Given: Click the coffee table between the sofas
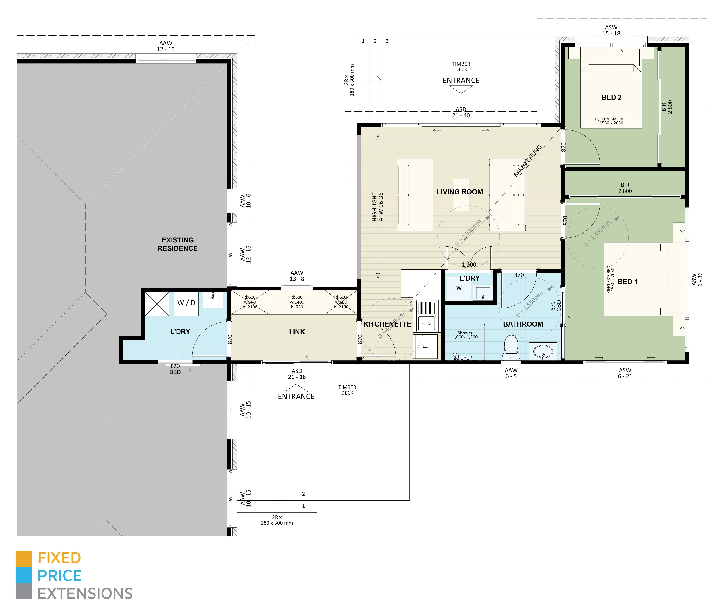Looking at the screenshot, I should (461, 194).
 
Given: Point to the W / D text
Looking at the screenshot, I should (186, 303).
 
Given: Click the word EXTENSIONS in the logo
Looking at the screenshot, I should (85, 593).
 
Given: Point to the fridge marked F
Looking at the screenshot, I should (425, 346).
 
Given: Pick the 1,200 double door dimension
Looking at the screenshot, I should (469, 265).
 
